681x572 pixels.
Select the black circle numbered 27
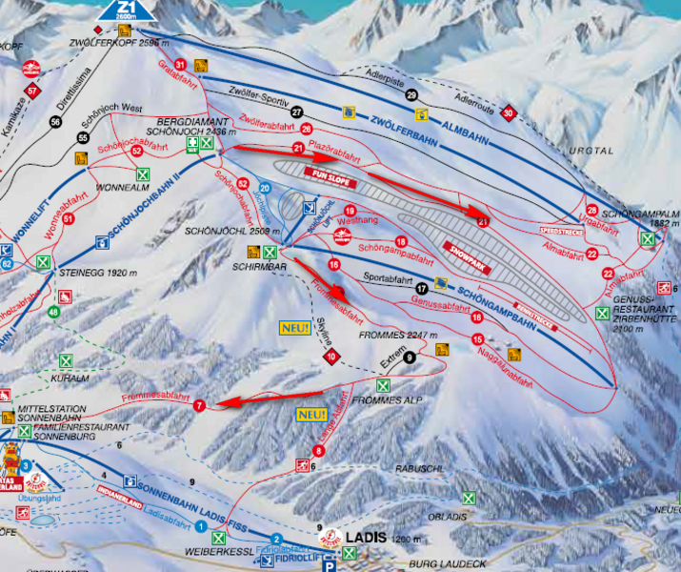click(296, 112)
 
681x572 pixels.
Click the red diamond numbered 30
click(509, 113)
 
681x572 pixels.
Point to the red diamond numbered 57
click(32, 92)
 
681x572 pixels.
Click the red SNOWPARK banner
click(467, 256)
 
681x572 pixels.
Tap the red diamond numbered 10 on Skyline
click(330, 357)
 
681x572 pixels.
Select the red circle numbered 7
click(199, 406)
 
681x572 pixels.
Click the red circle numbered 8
click(318, 451)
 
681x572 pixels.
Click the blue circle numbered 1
click(202, 527)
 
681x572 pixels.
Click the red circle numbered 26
click(306, 129)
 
